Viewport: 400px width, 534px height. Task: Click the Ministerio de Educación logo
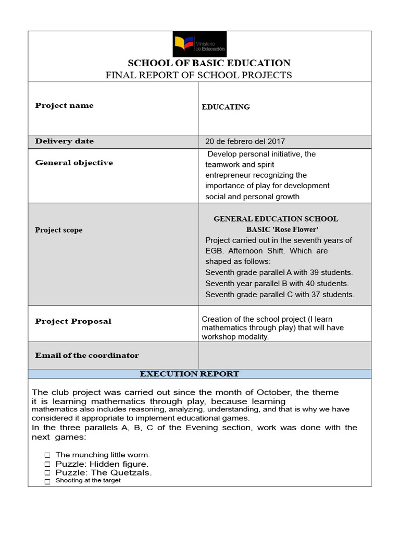199,44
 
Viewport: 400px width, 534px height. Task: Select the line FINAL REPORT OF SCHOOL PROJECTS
198,75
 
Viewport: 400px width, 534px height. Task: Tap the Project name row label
64,105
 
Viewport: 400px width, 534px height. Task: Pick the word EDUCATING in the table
226,107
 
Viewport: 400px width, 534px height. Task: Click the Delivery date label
64,141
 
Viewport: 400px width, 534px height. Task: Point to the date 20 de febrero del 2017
245,141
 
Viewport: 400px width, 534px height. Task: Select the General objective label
73,163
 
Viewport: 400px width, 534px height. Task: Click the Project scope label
58,230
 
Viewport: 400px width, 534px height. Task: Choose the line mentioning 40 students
277,284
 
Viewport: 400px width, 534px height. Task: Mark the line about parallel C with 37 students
279,295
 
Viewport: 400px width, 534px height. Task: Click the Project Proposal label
73,321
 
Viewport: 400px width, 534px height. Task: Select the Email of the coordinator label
87,356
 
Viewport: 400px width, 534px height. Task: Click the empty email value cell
284,355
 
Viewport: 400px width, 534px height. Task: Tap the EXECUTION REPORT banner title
190,374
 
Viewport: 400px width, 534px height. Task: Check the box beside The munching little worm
47,455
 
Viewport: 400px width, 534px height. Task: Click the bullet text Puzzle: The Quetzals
104,472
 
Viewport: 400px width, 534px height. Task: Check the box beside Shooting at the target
47,481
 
